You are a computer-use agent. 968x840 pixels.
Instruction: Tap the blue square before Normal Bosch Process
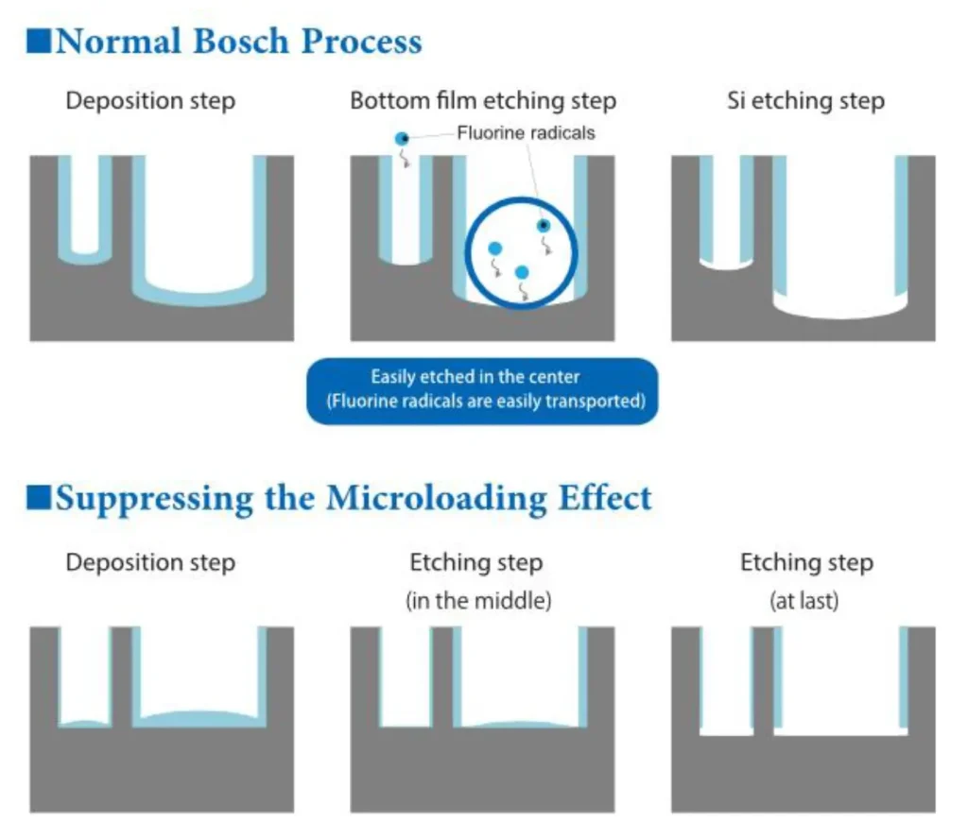40,43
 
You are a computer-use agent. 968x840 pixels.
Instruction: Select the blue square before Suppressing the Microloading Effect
40,497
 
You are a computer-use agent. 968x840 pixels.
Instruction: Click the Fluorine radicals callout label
526,133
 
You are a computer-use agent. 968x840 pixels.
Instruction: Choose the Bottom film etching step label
483,101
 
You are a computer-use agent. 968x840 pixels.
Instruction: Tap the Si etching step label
805,101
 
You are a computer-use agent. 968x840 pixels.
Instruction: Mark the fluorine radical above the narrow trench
403,139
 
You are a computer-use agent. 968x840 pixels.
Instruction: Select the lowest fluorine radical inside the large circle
521,272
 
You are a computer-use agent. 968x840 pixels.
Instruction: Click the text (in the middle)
477,601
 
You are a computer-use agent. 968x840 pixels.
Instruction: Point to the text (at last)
805,601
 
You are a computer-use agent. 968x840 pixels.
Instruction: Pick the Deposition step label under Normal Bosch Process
150,101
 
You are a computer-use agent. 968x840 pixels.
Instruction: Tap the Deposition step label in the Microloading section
150,563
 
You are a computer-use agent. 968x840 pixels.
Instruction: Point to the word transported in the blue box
598,401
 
